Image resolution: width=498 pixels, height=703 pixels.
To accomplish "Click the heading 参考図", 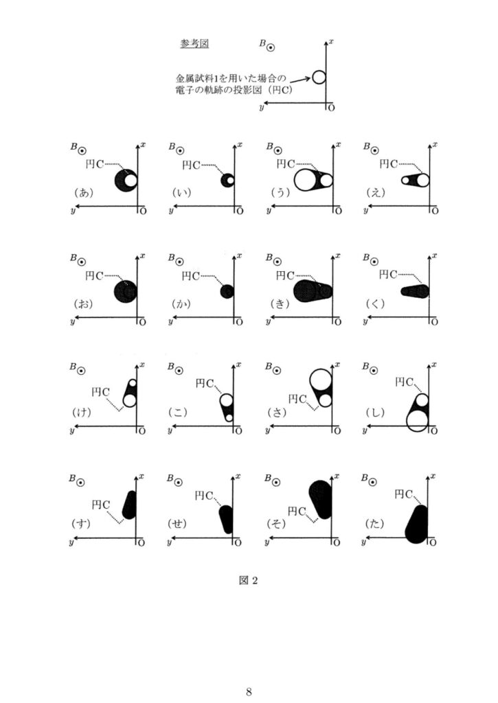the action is coord(194,43).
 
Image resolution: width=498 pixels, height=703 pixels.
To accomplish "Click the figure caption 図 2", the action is coord(249,581).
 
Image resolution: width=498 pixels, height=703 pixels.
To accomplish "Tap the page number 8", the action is coord(249,691).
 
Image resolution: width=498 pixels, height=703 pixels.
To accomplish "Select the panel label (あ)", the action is coord(83,192).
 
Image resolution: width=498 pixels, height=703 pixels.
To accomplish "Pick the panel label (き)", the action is coord(280,304).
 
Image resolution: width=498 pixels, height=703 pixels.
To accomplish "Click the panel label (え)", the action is coord(376,192).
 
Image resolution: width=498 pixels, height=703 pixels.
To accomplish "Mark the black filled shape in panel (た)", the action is coord(417,525).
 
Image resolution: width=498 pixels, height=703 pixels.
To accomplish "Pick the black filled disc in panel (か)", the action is coord(227,291).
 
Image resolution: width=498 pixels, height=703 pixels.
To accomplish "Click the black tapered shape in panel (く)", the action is coord(415,291).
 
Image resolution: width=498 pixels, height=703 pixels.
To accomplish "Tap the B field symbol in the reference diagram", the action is coord(271,47).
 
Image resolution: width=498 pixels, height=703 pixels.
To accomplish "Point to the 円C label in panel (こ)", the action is coord(204,383).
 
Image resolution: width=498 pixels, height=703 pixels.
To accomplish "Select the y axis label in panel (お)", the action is coord(72,321).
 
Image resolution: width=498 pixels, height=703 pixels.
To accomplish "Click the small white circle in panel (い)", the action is coord(230,181).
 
